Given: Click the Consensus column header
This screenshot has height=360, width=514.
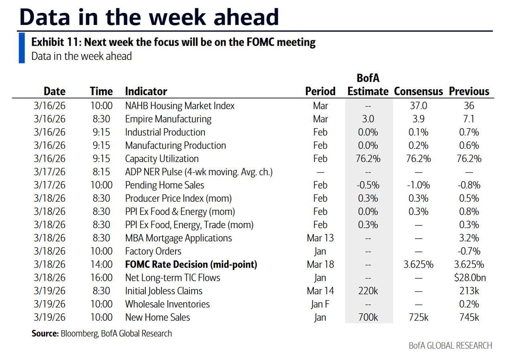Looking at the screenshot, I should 418,91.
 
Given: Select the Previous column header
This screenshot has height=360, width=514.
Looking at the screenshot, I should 469,91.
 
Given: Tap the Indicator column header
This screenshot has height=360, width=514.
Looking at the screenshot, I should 146,91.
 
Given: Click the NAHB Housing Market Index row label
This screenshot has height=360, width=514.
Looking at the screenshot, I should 179,106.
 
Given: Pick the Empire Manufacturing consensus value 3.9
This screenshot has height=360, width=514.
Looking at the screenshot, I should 418,119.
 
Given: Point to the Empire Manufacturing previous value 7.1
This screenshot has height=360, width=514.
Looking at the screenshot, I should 469,119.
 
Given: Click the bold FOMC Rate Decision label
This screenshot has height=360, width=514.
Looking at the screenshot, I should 191,264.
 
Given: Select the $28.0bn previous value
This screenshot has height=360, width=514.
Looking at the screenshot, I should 469,278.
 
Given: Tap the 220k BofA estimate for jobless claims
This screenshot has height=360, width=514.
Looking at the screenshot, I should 368,291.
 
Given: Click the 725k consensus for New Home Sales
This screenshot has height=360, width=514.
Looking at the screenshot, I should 418,317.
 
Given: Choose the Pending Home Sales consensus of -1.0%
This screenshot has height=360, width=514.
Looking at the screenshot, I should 418,185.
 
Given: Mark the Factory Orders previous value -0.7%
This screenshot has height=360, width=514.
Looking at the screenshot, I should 469,251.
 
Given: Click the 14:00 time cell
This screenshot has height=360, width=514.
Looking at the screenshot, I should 101,264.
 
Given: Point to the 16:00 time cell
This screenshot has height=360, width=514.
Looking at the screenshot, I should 101,278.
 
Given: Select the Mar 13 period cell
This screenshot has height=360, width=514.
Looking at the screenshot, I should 320,238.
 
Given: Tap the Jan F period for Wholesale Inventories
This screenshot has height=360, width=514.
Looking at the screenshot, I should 320,304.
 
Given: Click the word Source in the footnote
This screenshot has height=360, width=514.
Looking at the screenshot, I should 45,333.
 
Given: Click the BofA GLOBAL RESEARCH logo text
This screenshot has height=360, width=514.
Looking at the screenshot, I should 450,346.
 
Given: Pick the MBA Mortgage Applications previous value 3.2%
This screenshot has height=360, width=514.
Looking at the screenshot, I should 469,238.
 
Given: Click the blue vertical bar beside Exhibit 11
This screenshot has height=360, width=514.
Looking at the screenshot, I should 22,48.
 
